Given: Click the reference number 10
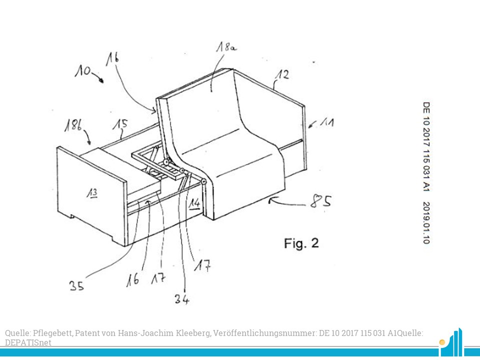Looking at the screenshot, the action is [82, 71].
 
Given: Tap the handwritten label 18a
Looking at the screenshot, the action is [226, 47].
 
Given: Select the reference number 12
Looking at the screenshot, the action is [282, 74].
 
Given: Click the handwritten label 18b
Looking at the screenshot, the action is [73, 125].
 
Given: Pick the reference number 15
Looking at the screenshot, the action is [120, 125].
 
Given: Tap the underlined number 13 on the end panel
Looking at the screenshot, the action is [92, 193].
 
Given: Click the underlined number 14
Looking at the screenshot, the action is [194, 203].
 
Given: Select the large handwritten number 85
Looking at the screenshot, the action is [320, 201].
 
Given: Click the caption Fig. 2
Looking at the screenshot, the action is [301, 243].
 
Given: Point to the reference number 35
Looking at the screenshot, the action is [76, 286].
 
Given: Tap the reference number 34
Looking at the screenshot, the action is [182, 299].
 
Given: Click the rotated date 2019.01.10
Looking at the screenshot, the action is [426, 222].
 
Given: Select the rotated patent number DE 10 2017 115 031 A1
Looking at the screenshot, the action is [426, 146].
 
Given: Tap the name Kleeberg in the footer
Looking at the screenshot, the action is [193, 333].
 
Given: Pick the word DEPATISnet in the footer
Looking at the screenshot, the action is [28, 342].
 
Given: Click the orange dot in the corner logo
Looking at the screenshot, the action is [441, 342].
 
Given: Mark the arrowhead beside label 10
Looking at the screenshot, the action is [101, 80].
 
